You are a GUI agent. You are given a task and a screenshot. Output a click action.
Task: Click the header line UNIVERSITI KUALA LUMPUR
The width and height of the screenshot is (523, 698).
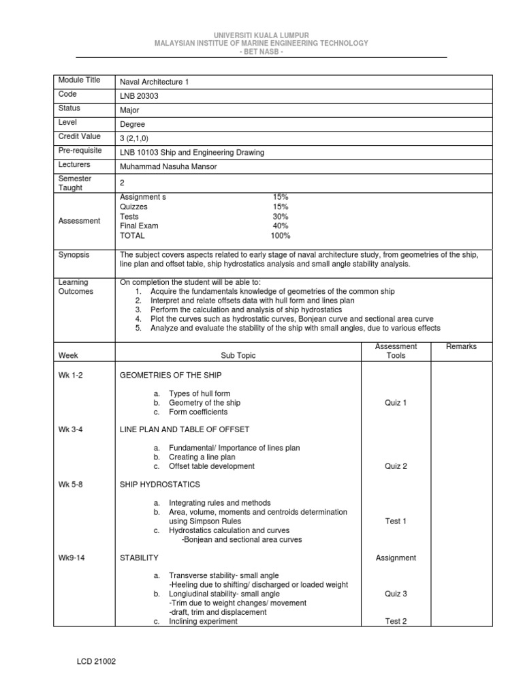(x=261, y=34)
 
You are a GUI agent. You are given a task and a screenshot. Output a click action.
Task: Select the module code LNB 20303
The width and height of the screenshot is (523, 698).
(x=140, y=96)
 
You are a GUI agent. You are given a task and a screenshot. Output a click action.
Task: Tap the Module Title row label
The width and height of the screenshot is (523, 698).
(x=80, y=80)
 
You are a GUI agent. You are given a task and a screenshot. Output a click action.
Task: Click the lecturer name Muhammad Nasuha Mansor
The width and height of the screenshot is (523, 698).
(x=168, y=167)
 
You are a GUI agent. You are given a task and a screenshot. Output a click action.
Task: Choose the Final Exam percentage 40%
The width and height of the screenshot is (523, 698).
(x=280, y=226)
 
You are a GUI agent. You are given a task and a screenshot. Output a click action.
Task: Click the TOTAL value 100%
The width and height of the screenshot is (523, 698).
(x=280, y=236)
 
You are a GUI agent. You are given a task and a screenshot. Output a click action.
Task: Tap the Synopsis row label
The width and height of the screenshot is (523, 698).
(x=74, y=254)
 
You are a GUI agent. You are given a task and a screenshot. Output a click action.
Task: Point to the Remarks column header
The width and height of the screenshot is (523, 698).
(x=461, y=347)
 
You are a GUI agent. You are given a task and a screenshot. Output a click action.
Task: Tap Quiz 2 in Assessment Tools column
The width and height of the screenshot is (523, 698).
(x=396, y=466)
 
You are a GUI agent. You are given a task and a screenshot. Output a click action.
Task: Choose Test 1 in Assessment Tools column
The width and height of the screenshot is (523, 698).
(x=396, y=521)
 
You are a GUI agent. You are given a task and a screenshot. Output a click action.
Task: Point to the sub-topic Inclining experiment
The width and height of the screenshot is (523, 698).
(x=203, y=622)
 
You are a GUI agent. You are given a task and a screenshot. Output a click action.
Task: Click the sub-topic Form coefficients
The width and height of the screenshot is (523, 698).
(x=198, y=412)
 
